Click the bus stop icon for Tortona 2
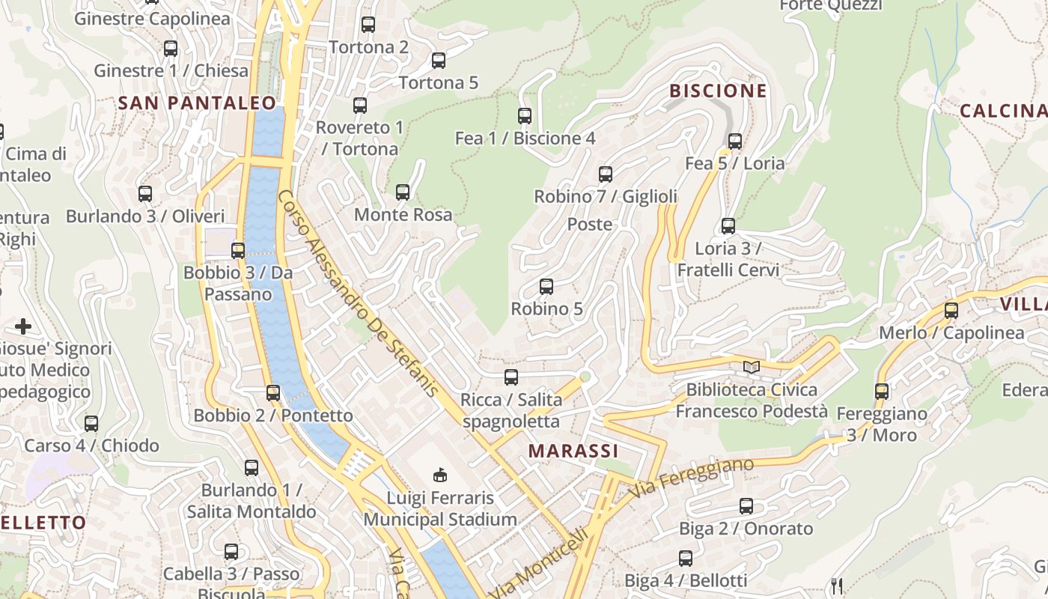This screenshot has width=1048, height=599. point(368,24)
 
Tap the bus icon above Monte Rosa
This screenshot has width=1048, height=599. point(403,192)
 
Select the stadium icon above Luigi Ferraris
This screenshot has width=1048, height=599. point(440,474)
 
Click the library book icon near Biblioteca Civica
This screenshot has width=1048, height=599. point(751,367)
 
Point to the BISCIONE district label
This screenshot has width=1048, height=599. point(718,91)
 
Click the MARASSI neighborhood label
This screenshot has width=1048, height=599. point(573,451)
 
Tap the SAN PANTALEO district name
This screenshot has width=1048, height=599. point(197,103)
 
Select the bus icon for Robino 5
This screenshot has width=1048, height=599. point(546,286)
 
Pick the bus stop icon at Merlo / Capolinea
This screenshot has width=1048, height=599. point(951,310)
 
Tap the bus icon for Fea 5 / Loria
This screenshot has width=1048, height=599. point(735,141)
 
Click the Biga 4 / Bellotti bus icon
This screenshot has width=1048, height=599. point(686,558)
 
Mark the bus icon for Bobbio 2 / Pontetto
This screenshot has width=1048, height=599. point(273,392)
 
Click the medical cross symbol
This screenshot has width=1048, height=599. point(23,326)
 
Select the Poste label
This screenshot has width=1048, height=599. point(589,225)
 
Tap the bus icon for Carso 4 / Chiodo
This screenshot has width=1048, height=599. point(91,423)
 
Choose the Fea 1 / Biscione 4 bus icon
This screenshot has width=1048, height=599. point(525,115)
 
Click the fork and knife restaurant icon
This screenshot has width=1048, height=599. point(837,585)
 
